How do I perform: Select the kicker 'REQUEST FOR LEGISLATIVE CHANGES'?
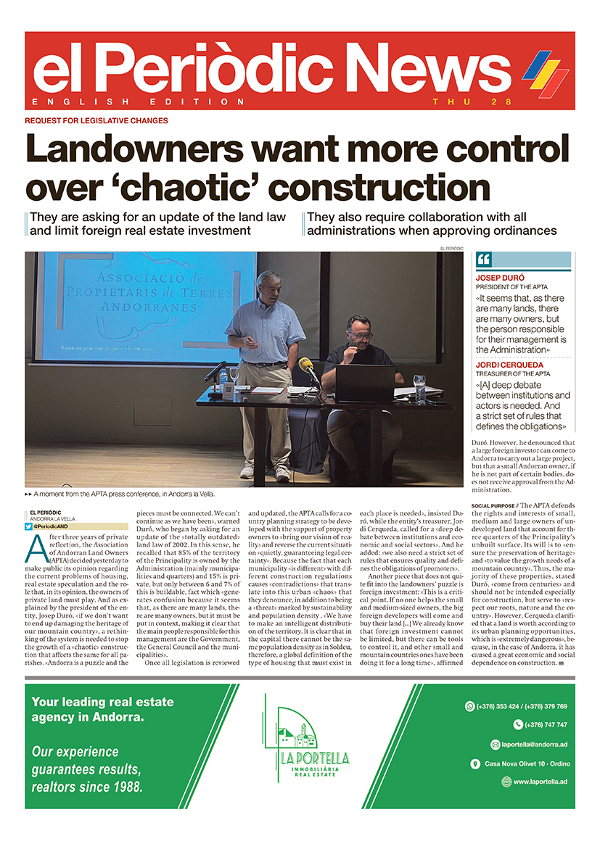[96, 120]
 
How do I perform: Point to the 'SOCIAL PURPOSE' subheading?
[491, 505]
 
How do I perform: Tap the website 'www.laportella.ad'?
[539, 782]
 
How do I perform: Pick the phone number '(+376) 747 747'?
[541, 724]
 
